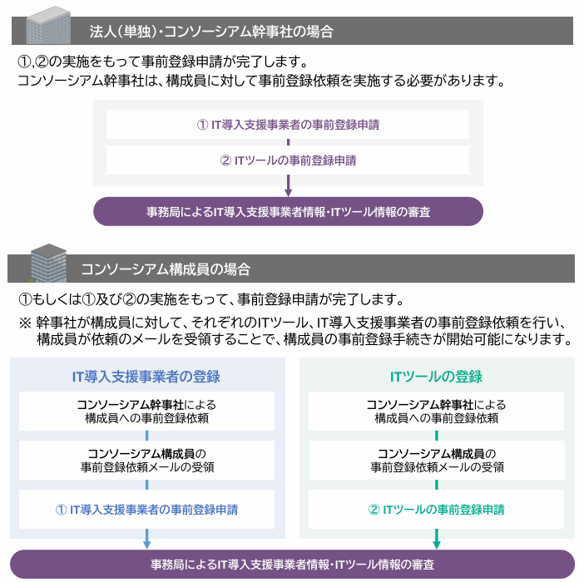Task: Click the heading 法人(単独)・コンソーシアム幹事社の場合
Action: (211, 32)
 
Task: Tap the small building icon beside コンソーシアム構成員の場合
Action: (47, 263)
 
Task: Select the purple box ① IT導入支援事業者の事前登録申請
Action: (287, 125)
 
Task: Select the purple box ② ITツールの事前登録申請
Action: (287, 160)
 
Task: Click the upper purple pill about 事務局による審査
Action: (288, 212)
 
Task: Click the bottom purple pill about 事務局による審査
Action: (292, 565)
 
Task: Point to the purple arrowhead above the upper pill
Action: (288, 192)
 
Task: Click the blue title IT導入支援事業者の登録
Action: (146, 377)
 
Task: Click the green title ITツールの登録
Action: (436, 377)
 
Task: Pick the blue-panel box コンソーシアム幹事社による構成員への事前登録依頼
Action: (146, 411)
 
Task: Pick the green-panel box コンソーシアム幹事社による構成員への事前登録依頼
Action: (436, 411)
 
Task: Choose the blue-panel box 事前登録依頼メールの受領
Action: (146, 460)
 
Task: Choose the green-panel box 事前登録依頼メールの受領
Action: (436, 460)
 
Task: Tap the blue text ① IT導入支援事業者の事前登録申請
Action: (146, 509)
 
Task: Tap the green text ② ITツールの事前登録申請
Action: (436, 509)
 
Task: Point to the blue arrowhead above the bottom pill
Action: (146, 544)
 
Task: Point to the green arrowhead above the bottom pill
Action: (436, 544)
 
